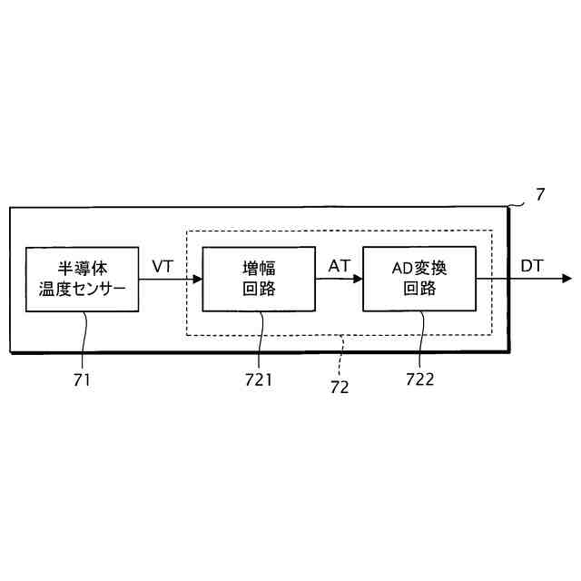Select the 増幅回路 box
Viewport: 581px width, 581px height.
pyautogui.click(x=259, y=279)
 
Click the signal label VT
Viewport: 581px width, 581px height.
pyautogui.click(x=162, y=266)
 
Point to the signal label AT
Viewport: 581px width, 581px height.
pyautogui.click(x=339, y=266)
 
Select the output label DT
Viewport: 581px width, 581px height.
pyautogui.click(x=533, y=266)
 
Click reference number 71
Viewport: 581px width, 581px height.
pyautogui.click(x=83, y=379)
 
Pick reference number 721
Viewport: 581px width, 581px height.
pyautogui.click(x=259, y=379)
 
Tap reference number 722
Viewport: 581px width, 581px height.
pyautogui.click(x=419, y=379)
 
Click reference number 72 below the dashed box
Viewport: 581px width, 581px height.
pyautogui.click(x=339, y=387)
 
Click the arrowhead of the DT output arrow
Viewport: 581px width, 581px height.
pyautogui.click(x=566, y=279)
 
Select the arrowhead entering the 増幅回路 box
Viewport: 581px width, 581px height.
pyautogui.click(x=197, y=279)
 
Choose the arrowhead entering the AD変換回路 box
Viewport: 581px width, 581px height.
pyautogui.click(x=357, y=279)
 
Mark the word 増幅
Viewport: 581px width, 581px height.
pyautogui.click(x=259, y=268)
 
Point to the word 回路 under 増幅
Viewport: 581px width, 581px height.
pyautogui.click(x=259, y=290)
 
